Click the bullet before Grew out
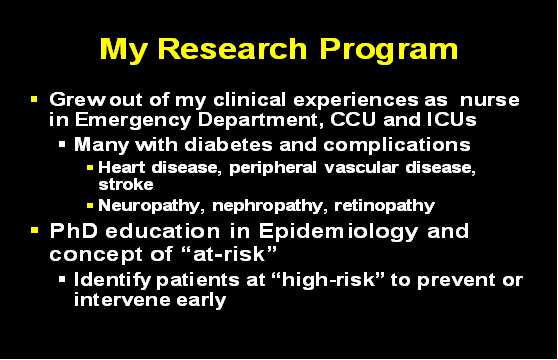[35, 100]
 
